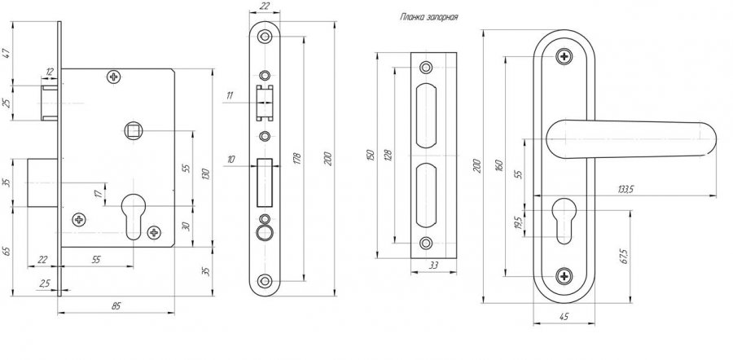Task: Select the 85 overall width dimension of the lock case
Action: coord(116,305)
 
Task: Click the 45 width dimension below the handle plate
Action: coord(565,316)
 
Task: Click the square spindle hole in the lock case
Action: coord(133,130)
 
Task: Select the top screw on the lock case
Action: coord(114,77)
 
